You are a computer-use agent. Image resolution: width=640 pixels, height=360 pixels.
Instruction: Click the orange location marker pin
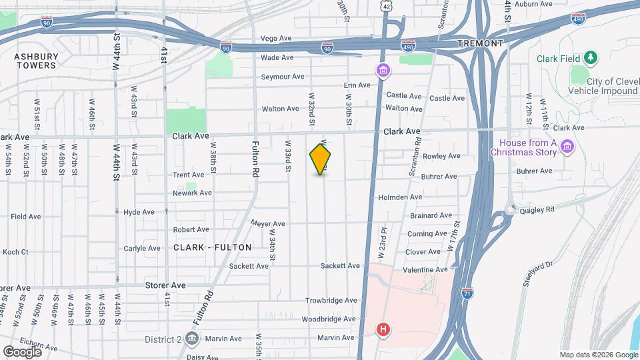[321, 159]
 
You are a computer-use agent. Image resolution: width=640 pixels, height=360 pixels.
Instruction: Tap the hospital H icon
[383, 329]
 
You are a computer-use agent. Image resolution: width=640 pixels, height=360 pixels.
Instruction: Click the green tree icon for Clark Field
[589, 59]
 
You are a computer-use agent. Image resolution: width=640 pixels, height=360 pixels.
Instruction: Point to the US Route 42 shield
[388, 5]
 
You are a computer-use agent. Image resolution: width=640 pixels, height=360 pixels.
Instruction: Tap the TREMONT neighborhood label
[480, 43]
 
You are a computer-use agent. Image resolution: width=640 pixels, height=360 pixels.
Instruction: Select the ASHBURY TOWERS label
[35, 61]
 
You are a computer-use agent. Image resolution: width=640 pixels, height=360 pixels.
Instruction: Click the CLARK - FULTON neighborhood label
[213, 247]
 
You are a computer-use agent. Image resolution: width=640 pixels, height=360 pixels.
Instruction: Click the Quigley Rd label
[536, 209]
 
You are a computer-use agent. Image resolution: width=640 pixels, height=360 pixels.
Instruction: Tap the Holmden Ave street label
[400, 197]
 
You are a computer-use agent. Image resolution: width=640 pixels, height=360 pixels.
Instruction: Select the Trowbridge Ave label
[331, 301]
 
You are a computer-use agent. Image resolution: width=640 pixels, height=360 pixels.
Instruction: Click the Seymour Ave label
[282, 77]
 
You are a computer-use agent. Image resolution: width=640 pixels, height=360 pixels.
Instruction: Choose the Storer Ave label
[165, 285]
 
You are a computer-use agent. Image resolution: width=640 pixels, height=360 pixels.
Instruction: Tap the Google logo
[22, 351]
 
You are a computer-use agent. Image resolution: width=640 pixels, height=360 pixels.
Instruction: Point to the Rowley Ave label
[441, 156]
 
